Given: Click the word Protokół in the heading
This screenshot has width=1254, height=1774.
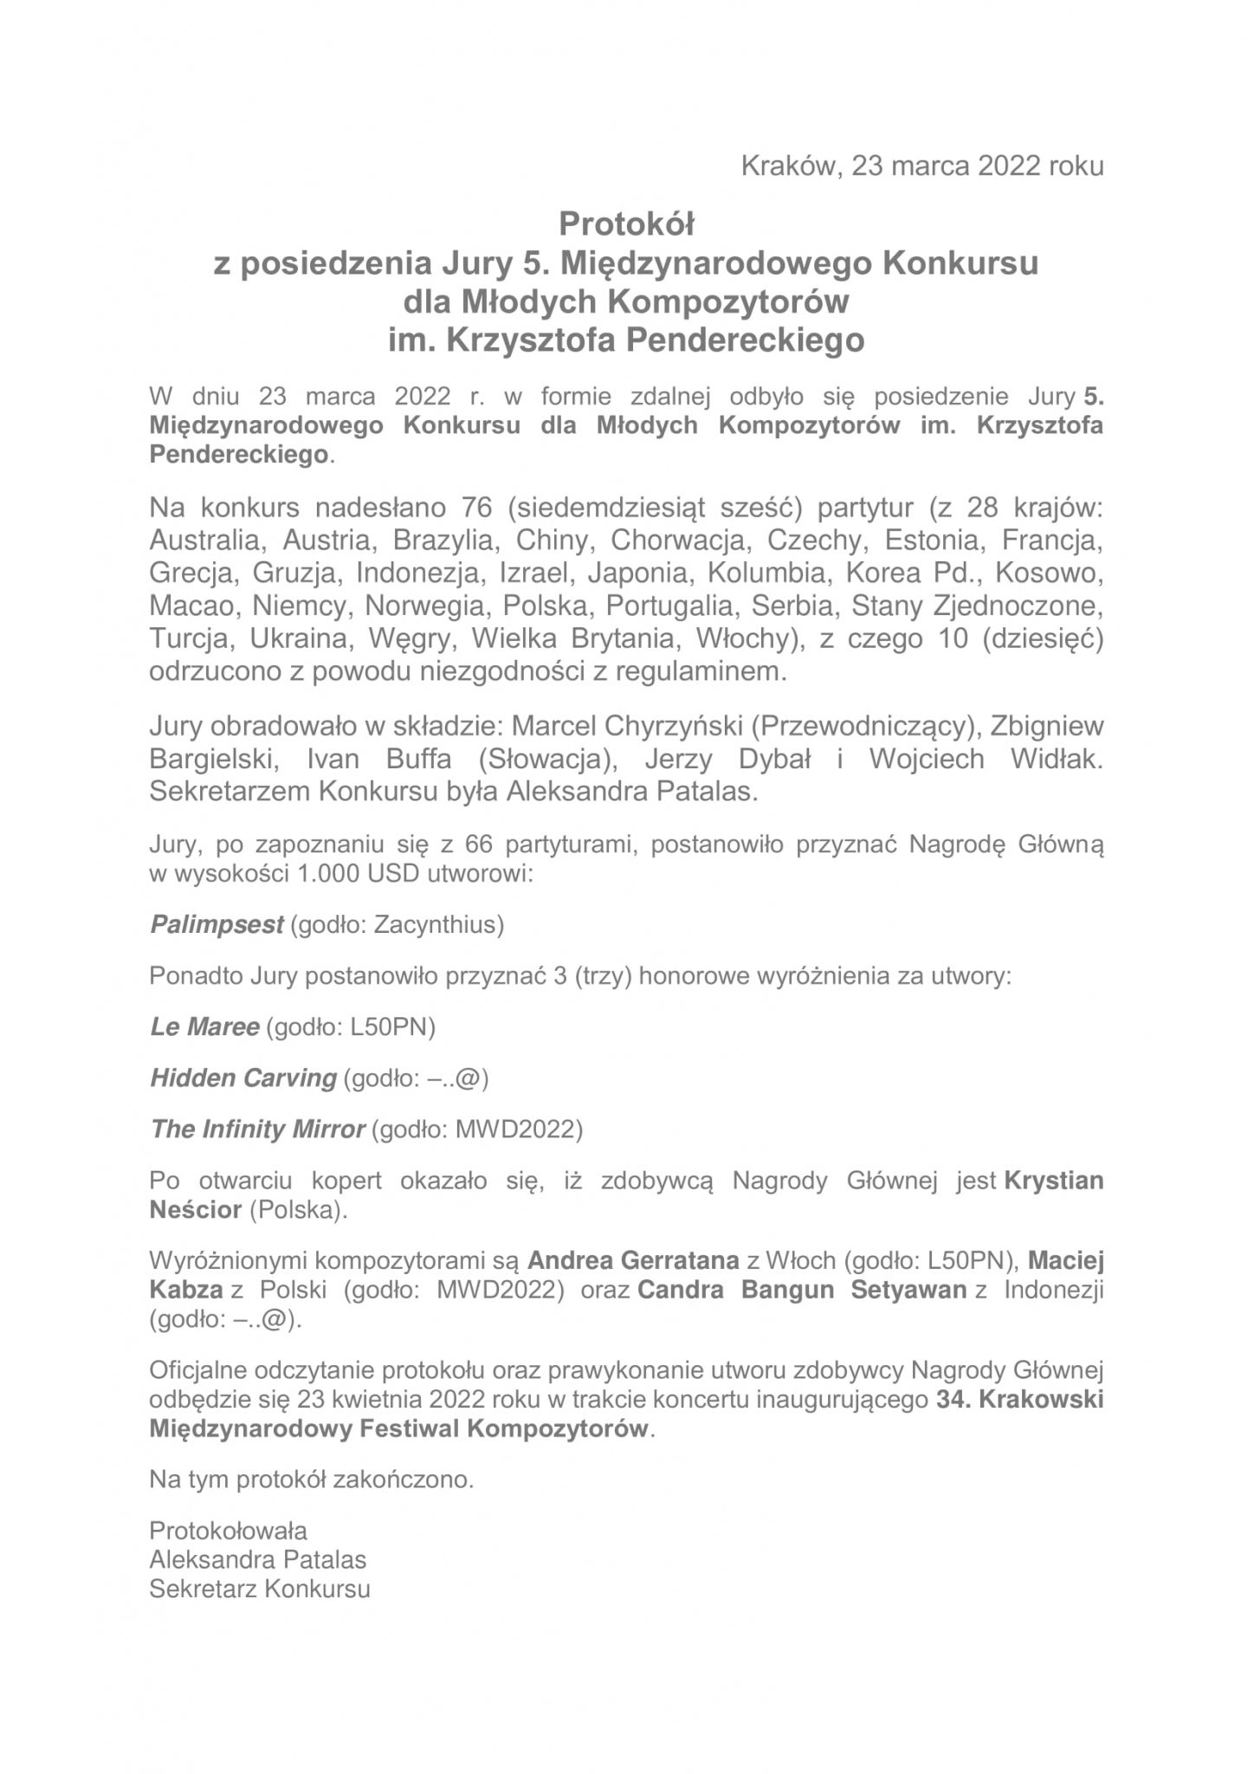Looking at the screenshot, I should (x=627, y=224).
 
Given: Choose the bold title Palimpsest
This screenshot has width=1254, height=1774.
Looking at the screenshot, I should (x=217, y=925).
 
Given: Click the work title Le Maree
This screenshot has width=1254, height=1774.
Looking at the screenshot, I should (x=204, y=1027).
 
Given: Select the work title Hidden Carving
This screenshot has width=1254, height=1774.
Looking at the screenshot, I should (x=242, y=1078).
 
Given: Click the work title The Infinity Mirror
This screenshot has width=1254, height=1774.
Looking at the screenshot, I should (x=257, y=1130).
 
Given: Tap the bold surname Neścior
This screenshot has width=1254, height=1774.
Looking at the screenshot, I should (x=195, y=1210).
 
